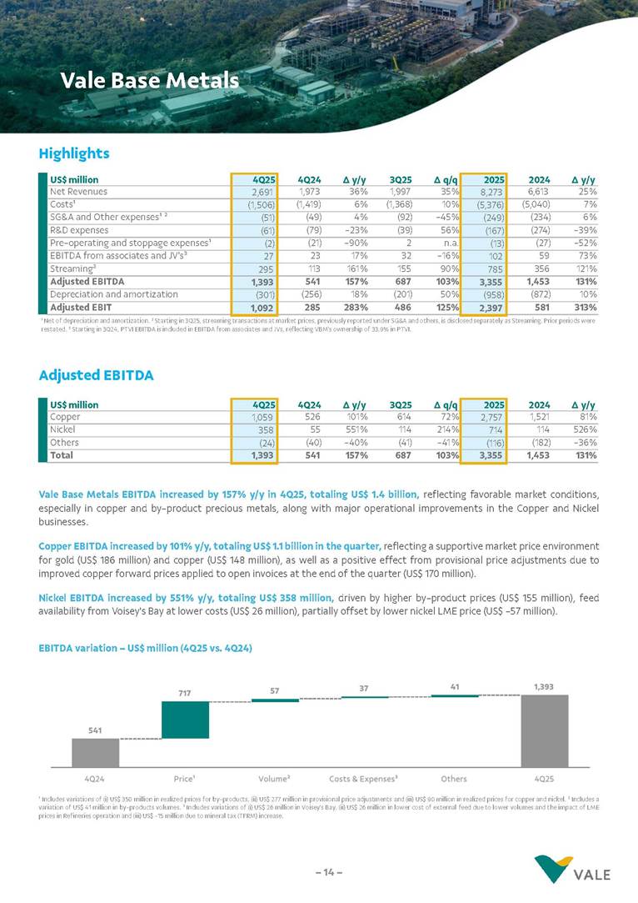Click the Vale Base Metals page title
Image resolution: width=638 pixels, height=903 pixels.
point(149,81)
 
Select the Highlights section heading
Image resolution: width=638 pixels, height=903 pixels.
point(74,153)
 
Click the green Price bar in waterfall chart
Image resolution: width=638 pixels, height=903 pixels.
point(185,720)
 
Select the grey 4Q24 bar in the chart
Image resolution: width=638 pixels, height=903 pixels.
point(95,752)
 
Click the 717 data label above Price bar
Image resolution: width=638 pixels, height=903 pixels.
point(185,693)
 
